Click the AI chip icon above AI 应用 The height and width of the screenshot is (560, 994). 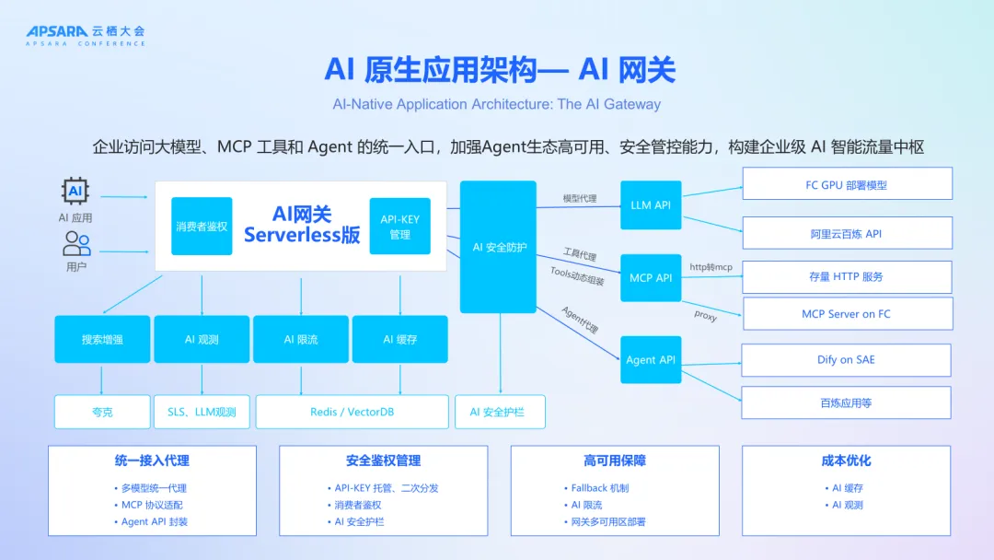coord(75,192)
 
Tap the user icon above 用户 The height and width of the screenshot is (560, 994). coord(76,243)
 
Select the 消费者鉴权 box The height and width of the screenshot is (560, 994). coord(202,226)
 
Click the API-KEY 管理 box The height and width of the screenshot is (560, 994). coord(399,227)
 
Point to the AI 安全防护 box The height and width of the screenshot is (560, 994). coord(498,247)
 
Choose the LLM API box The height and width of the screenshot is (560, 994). coord(651,205)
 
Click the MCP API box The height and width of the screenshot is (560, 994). coord(651,277)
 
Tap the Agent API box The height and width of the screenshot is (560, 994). coord(651,359)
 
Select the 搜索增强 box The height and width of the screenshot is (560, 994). coord(102,339)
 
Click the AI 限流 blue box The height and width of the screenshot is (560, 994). coord(301,339)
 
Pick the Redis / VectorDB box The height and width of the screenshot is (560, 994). coord(352,412)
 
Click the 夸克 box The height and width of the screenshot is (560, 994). coord(102,412)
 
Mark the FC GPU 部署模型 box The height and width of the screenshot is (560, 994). coord(847,184)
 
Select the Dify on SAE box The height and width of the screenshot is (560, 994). coord(847,360)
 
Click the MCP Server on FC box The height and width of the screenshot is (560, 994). coord(847,314)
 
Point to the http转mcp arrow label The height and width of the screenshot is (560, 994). coord(711,267)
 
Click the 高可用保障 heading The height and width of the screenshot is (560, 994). coord(615,461)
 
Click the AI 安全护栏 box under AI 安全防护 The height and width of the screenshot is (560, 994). coord(500,412)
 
